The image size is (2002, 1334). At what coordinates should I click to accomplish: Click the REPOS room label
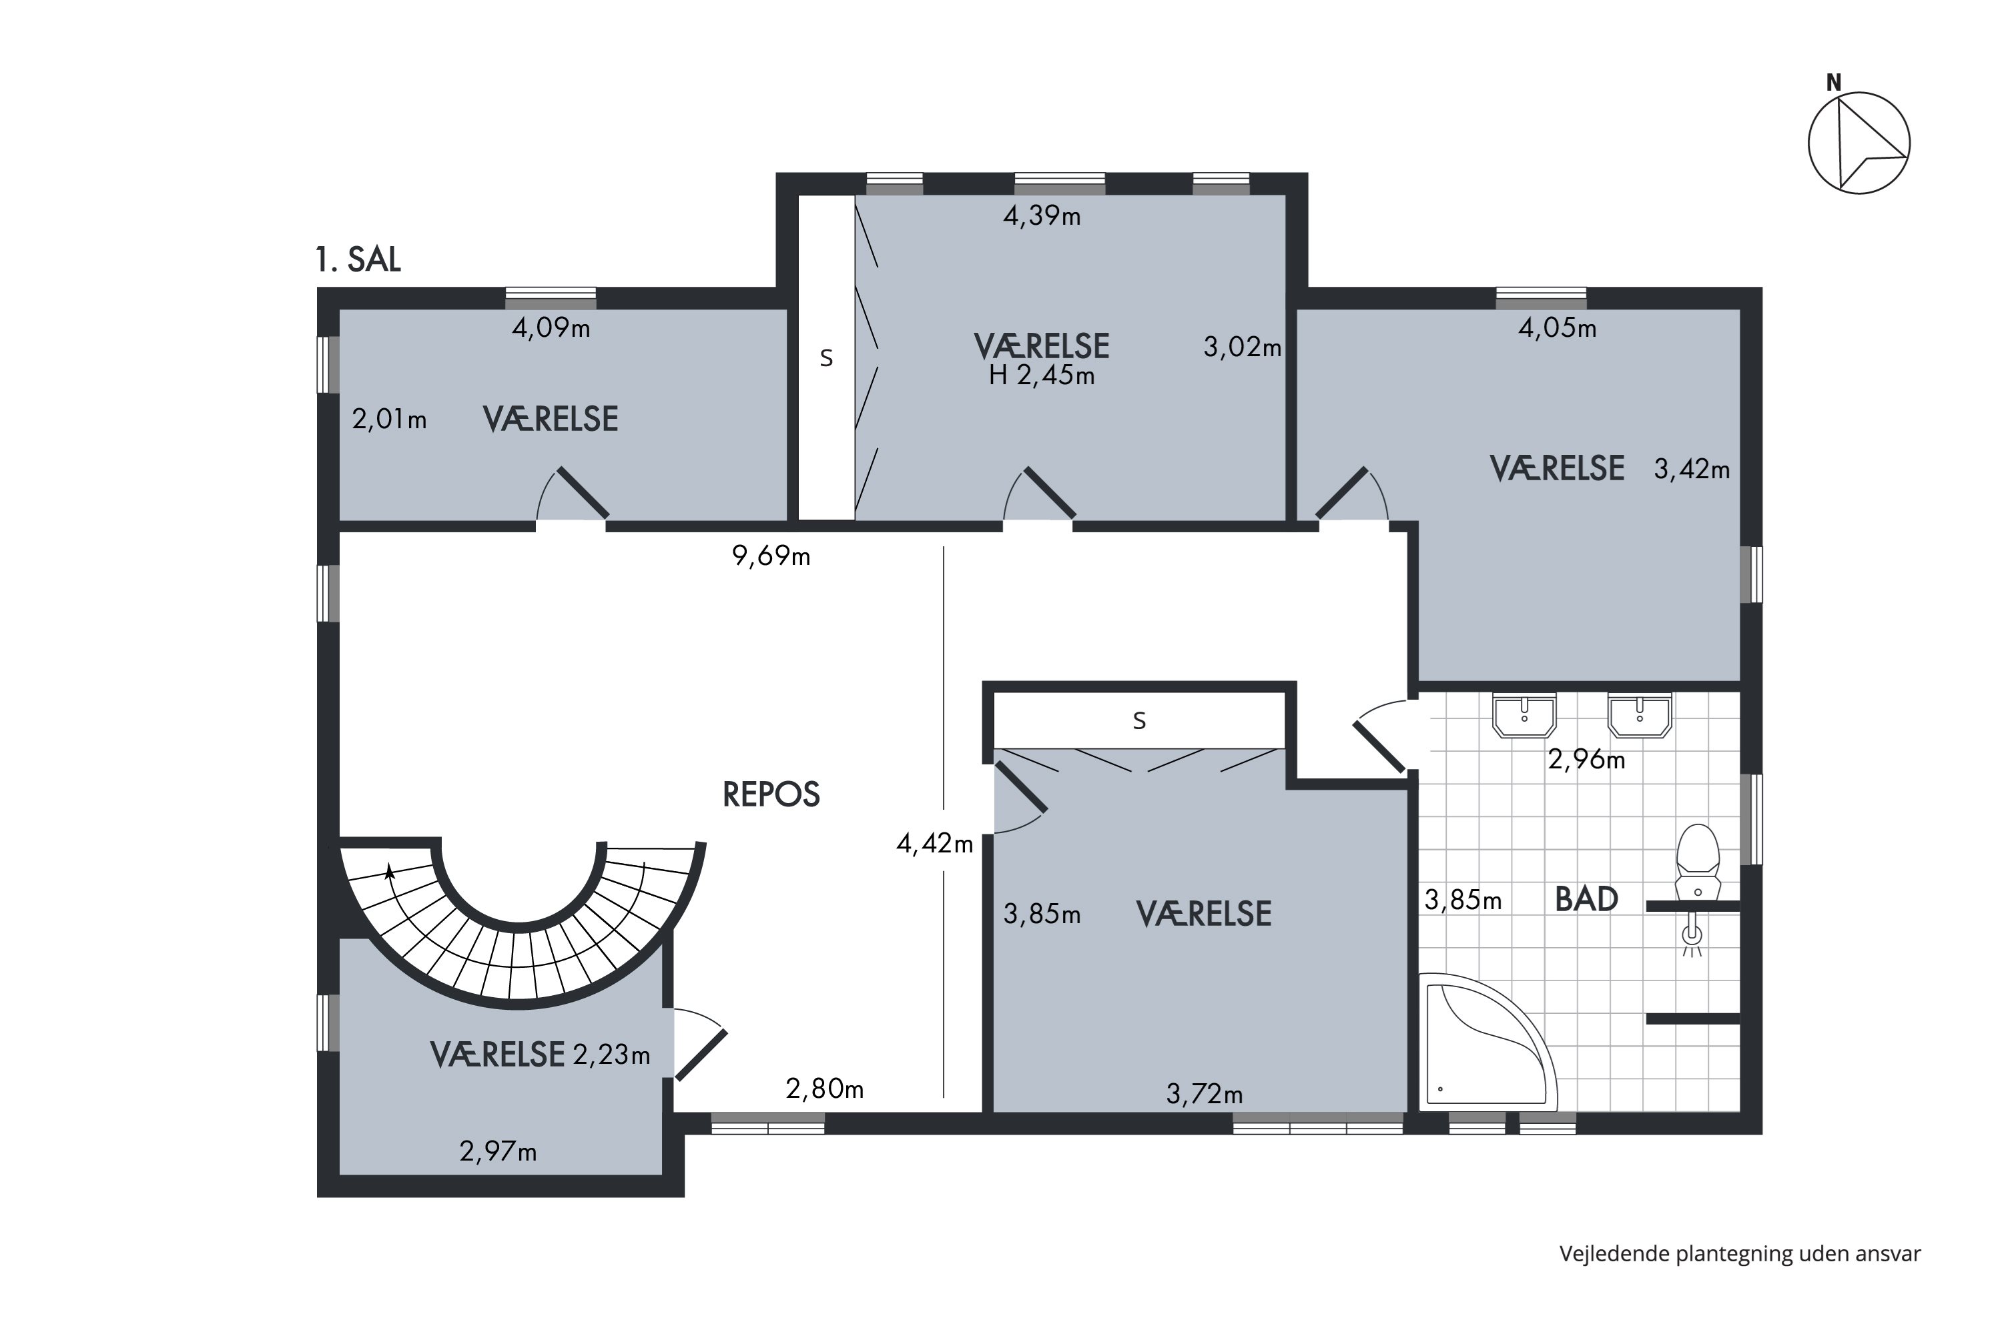771,794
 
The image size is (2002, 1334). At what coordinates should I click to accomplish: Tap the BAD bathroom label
1587,899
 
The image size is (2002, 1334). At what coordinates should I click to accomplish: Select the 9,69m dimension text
771,556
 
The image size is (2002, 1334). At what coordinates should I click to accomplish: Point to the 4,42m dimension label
935,844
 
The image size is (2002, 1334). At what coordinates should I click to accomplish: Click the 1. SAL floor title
358,259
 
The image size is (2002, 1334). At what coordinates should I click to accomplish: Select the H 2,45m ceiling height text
1042,375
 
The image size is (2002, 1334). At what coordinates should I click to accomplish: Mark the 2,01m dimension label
389,420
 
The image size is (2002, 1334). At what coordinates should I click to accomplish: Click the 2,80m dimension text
825,1089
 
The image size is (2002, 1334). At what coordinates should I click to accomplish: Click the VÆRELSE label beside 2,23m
497,1055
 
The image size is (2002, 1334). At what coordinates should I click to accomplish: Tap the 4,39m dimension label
1042,216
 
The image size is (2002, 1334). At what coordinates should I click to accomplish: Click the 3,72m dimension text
1205,1094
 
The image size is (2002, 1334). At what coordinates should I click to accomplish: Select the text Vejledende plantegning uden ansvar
1740,1254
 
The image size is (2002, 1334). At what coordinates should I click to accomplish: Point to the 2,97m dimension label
498,1152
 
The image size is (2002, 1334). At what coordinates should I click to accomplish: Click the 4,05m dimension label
1558,327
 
